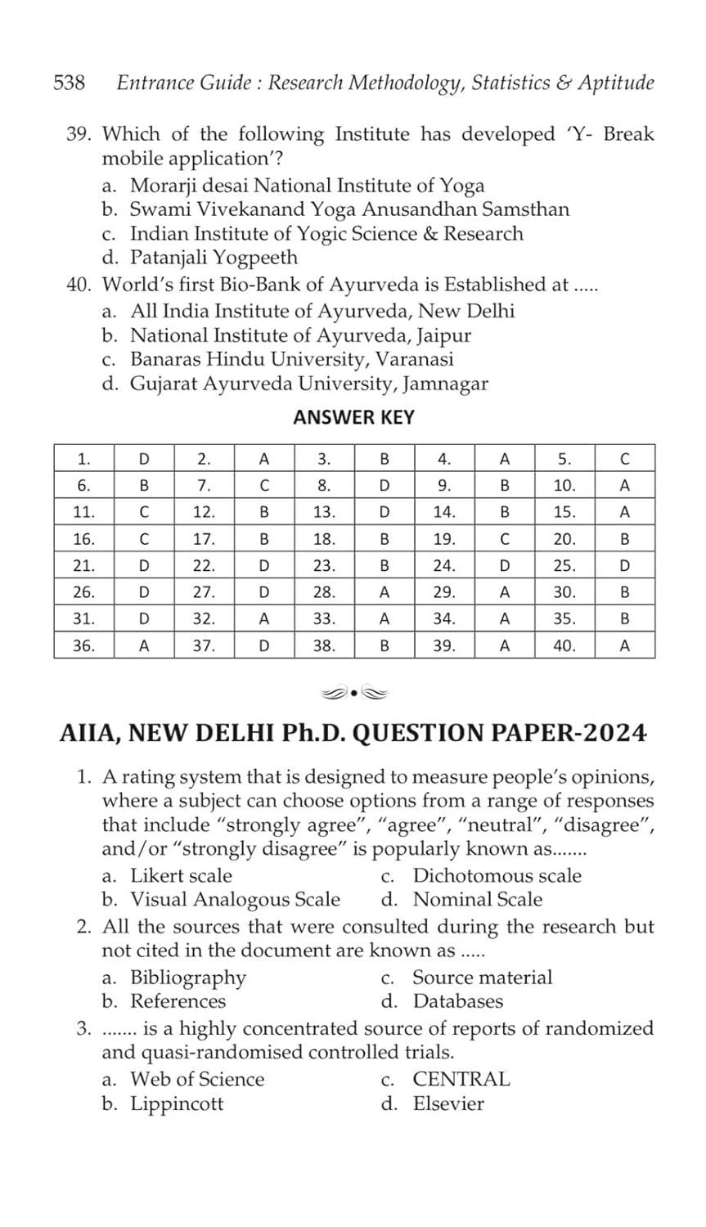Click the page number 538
(70, 83)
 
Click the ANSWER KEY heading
(353, 417)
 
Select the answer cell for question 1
(144, 458)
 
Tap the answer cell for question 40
(624, 645)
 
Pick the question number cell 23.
(324, 565)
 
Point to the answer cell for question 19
(505, 539)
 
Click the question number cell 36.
(83, 645)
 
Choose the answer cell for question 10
(624, 485)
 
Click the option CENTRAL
(461, 1079)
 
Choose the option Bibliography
(188, 978)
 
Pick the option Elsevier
(448, 1103)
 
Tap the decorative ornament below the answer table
(353, 694)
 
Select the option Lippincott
(177, 1103)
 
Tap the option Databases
(457, 1001)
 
